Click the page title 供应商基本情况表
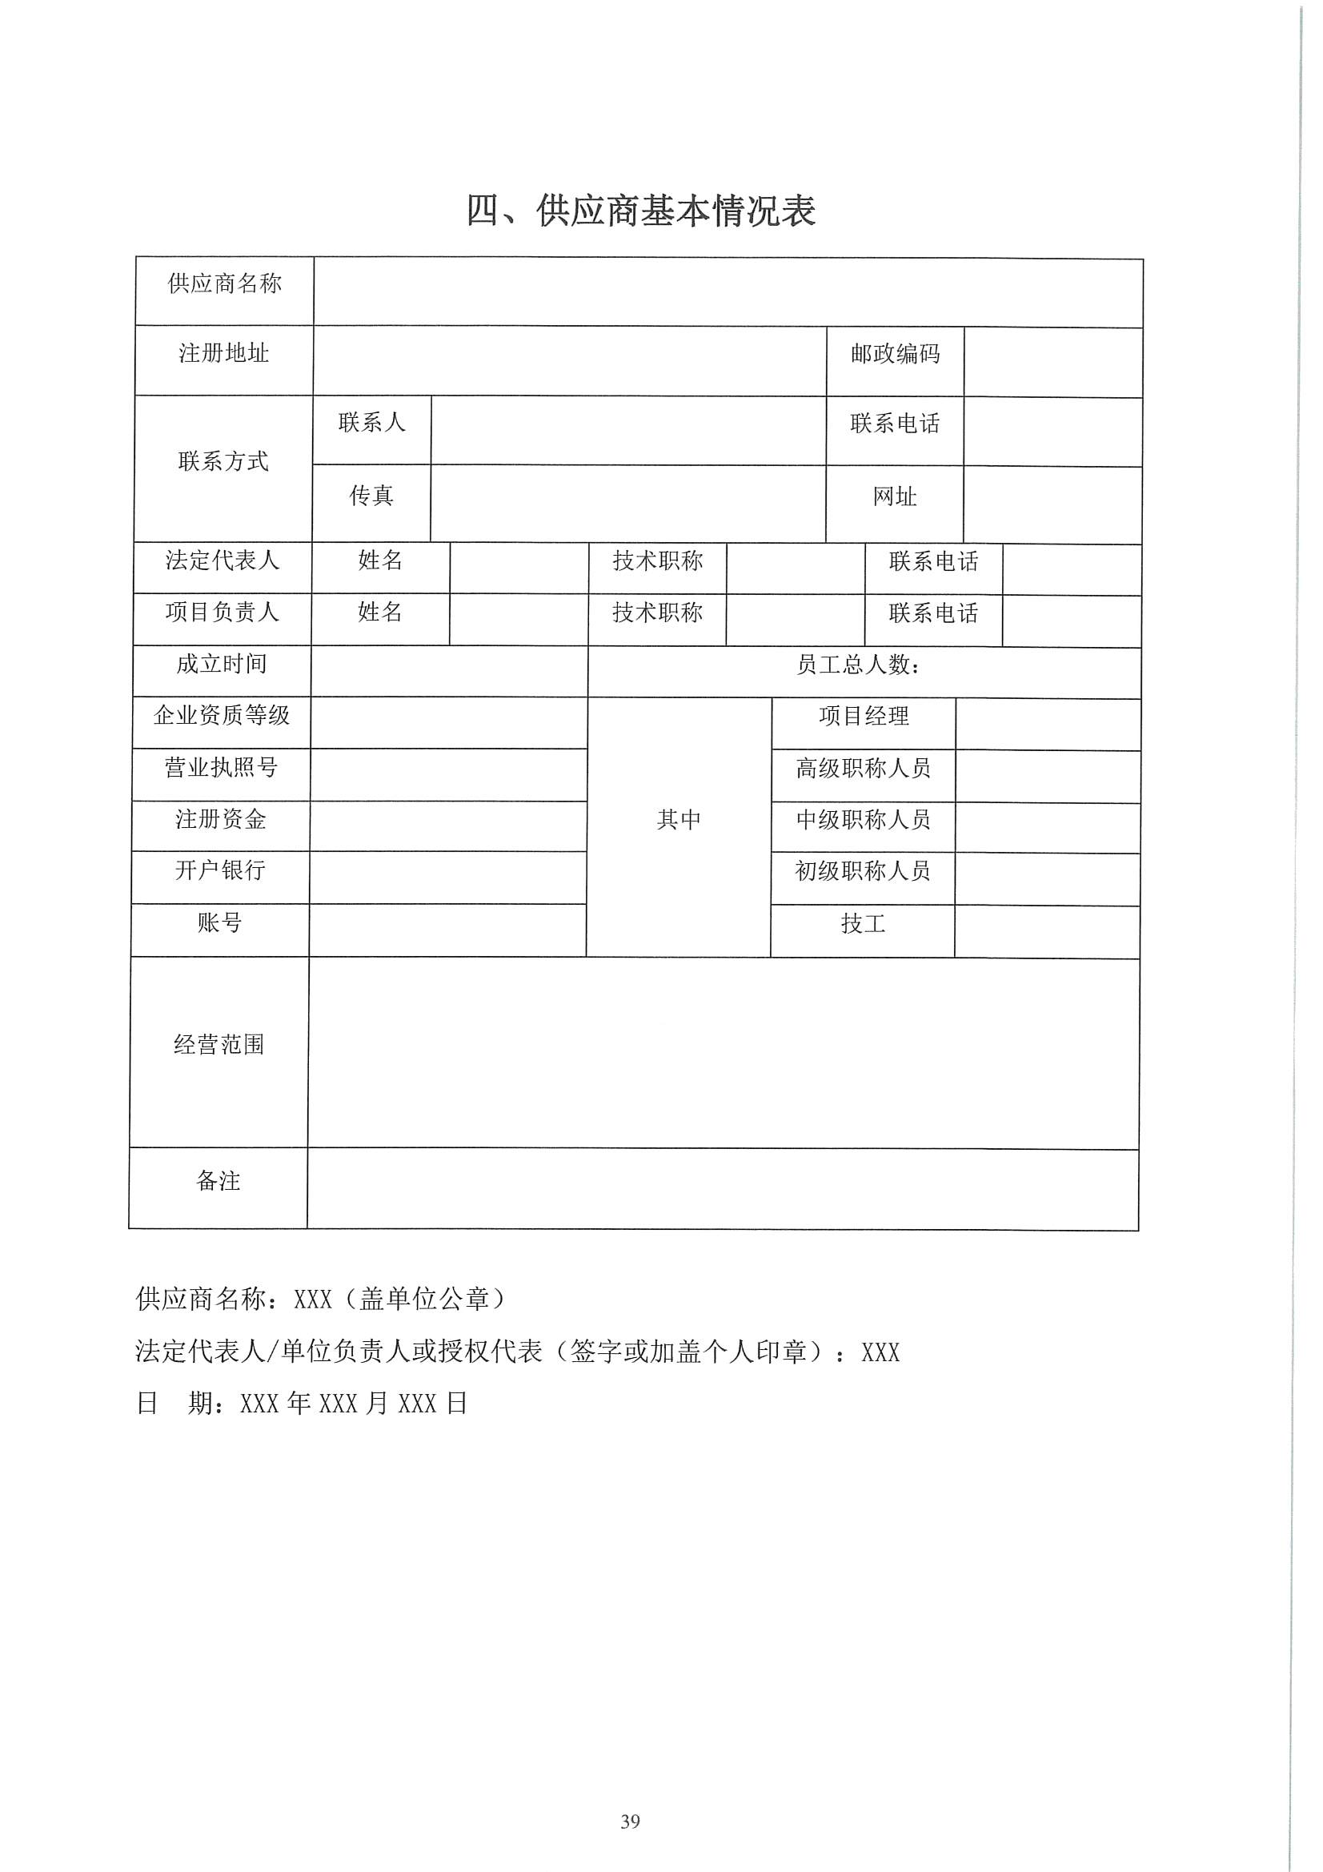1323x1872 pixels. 641,211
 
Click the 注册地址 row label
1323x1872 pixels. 224,353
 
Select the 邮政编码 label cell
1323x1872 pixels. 895,354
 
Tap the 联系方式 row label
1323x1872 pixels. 223,461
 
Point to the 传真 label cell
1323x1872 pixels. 371,496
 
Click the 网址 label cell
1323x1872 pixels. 895,496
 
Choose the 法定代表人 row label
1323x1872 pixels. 223,560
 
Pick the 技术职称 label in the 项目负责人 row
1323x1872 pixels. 657,613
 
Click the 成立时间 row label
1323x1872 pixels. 222,664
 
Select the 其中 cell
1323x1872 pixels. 679,819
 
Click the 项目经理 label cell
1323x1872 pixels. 864,716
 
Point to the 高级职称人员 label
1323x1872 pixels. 864,768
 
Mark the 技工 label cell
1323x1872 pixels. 864,924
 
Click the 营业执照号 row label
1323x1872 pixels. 221,767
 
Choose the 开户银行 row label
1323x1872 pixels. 220,871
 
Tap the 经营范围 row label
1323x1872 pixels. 219,1044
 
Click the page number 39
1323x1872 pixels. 630,1822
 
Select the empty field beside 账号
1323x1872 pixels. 447,930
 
